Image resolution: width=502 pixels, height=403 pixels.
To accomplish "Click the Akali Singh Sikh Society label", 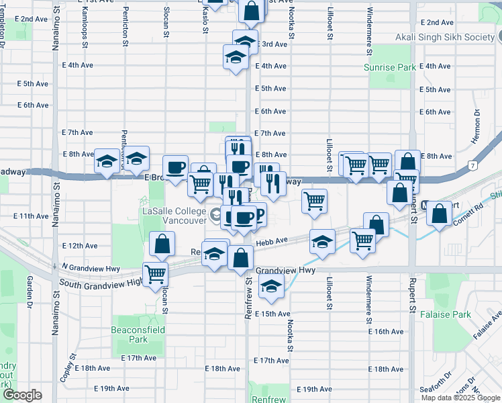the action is pyautogui.click(x=445, y=38).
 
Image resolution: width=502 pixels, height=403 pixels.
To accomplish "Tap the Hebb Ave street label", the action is pyautogui.click(x=270, y=240).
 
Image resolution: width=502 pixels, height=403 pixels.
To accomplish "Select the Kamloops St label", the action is pyautogui.click(x=85, y=27).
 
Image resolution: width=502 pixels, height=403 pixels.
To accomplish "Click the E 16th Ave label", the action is pyautogui.click(x=389, y=332).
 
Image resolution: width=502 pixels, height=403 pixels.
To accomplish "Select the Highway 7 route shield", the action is pyautogui.click(x=473, y=165).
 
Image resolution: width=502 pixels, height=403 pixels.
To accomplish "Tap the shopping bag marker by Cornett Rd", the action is pyautogui.click(x=439, y=214).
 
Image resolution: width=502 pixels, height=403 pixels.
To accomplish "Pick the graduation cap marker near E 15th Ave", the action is pyautogui.click(x=270, y=287).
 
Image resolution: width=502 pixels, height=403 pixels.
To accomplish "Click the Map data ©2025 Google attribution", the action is pyautogui.click(x=460, y=398).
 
